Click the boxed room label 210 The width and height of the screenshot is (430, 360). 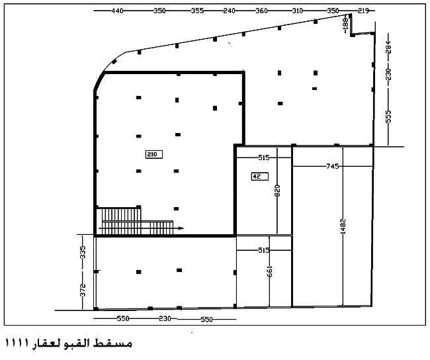point(154,154)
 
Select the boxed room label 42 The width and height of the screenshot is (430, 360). point(259,177)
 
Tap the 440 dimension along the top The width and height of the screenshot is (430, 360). point(117,11)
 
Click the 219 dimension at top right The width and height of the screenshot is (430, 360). point(363,11)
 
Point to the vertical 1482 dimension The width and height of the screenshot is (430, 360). point(343,226)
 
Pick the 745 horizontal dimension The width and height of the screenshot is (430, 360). point(332,166)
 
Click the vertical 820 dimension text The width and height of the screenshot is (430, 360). point(277,191)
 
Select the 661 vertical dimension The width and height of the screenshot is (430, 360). point(269,271)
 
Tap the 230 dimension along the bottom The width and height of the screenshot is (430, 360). point(165,318)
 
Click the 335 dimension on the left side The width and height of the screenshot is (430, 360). point(83,252)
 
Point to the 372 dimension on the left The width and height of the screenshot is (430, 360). point(83,290)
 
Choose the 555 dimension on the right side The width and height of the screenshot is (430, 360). point(388,116)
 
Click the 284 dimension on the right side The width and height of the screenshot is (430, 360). point(388,47)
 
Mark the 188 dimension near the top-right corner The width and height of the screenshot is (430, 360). point(345,22)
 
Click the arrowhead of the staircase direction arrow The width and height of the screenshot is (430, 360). point(181,228)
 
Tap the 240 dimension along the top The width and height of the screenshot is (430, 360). point(230,11)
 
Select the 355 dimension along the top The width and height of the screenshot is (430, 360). point(197,11)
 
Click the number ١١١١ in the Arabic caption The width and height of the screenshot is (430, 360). point(17,343)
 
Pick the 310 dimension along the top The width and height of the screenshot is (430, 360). point(297,11)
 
